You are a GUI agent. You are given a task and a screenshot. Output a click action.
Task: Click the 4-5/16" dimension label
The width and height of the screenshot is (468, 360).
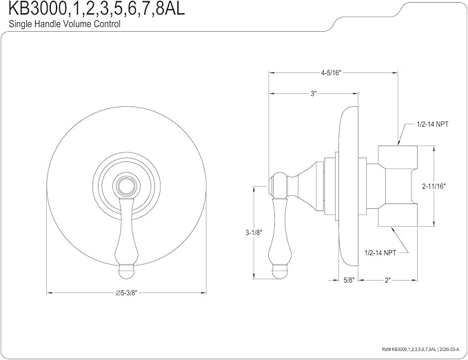[331, 73]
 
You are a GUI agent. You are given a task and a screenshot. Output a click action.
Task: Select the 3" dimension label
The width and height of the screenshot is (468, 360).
[313, 94]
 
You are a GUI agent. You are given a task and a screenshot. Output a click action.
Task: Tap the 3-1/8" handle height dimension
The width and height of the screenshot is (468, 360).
[254, 232]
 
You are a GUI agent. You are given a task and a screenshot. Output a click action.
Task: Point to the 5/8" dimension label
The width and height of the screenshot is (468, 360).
[348, 280]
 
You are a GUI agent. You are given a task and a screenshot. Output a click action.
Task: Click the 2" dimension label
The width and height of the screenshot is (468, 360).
[387, 280]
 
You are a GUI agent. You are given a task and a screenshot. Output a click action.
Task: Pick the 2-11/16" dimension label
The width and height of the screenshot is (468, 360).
[434, 186]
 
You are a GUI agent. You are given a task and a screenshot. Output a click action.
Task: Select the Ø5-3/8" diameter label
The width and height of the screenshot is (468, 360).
[126, 293]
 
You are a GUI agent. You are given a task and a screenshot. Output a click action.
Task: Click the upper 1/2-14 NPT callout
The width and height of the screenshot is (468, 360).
[432, 124]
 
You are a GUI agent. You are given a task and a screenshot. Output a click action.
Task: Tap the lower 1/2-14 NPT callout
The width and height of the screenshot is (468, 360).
[380, 253]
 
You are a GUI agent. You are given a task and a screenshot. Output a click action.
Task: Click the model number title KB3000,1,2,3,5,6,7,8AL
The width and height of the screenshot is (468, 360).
[96, 8]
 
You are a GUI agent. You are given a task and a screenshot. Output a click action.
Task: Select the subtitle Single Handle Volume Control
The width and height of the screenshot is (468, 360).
[65, 24]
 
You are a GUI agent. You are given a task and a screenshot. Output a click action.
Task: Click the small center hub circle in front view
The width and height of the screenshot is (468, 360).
[126, 186]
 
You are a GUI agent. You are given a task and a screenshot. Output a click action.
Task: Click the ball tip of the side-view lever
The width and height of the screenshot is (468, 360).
[279, 271]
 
